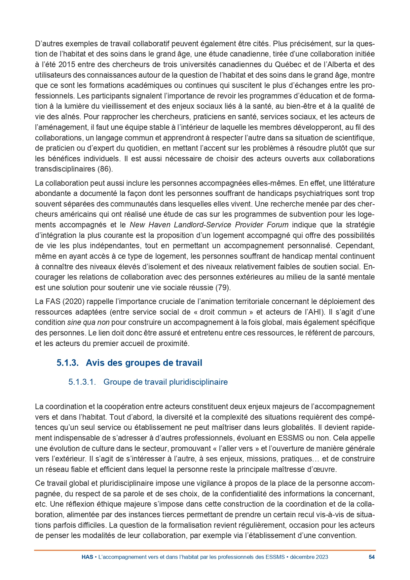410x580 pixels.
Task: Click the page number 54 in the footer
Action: [x=371, y=557]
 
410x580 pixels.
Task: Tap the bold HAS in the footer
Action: [x=87, y=557]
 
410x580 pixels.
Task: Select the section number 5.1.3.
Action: [x=67, y=363]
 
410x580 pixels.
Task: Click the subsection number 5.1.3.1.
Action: [x=82, y=382]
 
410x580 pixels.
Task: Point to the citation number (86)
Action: [x=105, y=169]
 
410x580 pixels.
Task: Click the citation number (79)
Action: [x=223, y=288]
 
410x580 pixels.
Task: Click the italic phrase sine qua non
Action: [x=88, y=322]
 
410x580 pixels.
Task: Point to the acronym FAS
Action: [x=51, y=301]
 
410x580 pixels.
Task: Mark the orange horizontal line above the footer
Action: [x=205, y=550]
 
